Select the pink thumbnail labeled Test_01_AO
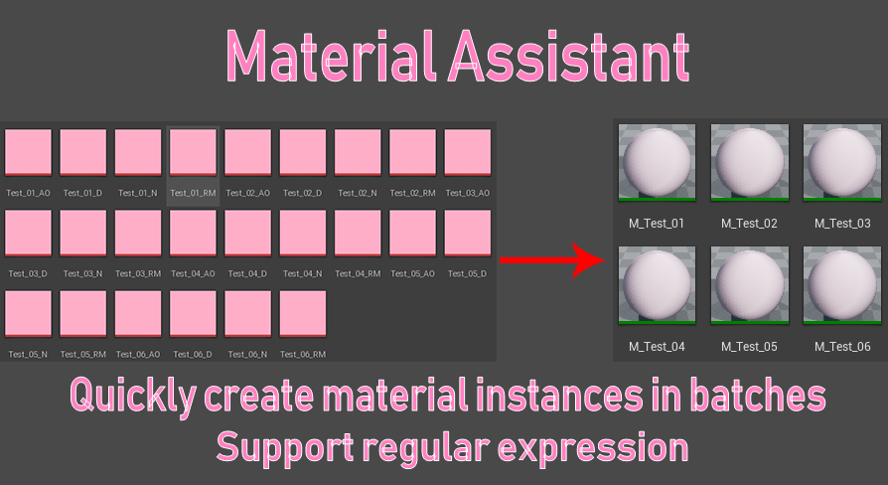pyautogui.click(x=29, y=153)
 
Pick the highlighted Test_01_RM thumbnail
pyautogui.click(x=194, y=153)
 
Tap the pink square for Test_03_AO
pyautogui.click(x=468, y=153)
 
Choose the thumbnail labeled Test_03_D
pyautogui.click(x=29, y=234)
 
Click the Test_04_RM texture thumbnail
pyautogui.click(x=359, y=234)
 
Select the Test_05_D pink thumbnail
pyautogui.click(x=468, y=234)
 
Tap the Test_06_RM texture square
pyautogui.click(x=304, y=314)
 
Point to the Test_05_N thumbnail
pyautogui.click(x=29, y=314)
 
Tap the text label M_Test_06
pyautogui.click(x=841, y=347)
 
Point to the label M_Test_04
pyautogui.click(x=656, y=347)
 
